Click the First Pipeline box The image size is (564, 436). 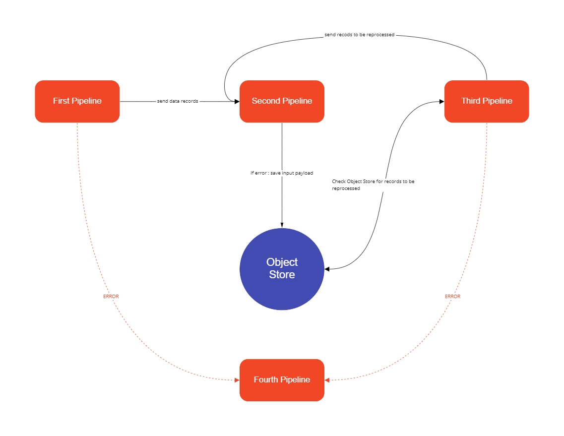point(77,101)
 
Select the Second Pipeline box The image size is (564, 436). point(282,101)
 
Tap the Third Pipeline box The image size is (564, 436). point(486,101)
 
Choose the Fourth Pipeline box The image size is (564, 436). point(282,380)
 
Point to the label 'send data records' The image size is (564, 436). point(178,101)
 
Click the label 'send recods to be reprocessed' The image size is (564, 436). point(360,35)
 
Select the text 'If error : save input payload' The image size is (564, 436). point(282,173)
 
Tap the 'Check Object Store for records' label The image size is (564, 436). point(373,182)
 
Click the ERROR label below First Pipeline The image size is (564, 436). point(111,297)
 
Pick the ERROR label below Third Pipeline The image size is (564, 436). point(452,297)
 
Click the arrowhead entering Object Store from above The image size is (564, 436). point(282,225)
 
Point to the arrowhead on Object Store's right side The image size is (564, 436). point(327,269)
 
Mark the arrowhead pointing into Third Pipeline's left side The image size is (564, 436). point(441,101)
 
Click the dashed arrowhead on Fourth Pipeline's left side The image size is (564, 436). point(237,380)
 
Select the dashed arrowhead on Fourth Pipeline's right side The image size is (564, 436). point(327,380)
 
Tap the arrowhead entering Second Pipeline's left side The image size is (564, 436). point(237,101)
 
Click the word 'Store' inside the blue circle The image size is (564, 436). point(282,275)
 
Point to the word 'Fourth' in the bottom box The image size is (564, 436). point(266,380)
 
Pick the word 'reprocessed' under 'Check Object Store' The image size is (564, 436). point(346,189)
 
